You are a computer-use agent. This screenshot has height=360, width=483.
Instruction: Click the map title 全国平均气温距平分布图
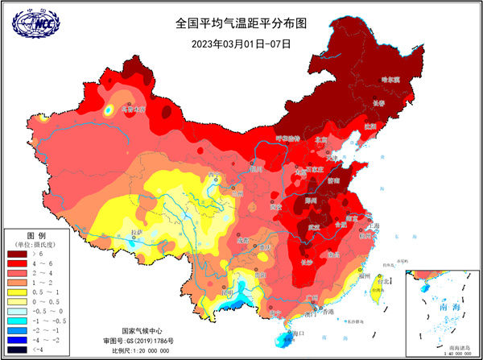[x=242, y=23]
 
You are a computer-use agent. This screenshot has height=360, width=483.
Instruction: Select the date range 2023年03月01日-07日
[x=242, y=43]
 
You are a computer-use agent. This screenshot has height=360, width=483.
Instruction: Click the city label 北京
[x=321, y=140]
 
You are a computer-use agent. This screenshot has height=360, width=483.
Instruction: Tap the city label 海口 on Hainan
[x=299, y=332]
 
